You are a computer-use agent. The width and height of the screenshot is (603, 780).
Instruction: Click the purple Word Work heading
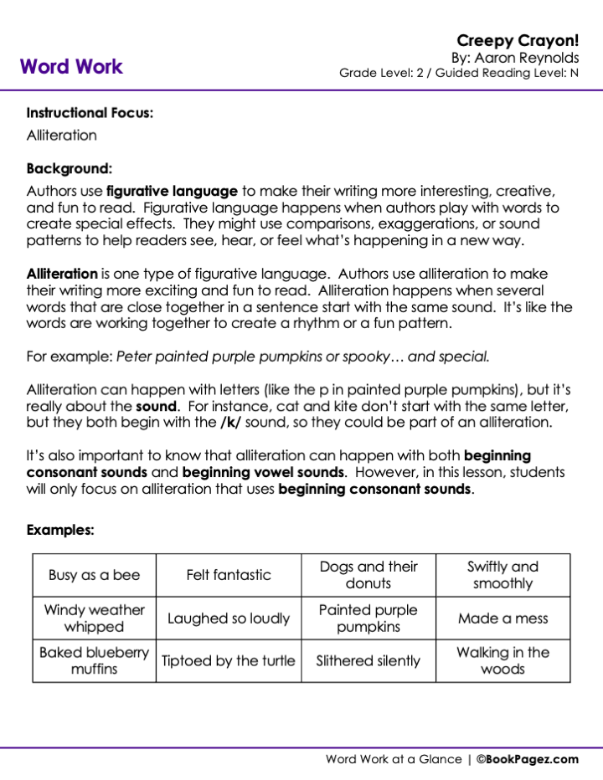click(x=71, y=66)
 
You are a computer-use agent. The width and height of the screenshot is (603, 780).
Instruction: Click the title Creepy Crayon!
click(x=518, y=40)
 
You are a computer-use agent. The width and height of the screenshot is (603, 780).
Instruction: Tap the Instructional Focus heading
click(x=90, y=113)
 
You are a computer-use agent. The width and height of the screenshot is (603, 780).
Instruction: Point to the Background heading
click(x=70, y=168)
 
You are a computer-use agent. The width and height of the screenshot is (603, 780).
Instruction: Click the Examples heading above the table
click(x=60, y=530)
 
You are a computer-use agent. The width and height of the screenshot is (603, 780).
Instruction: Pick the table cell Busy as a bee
click(x=95, y=575)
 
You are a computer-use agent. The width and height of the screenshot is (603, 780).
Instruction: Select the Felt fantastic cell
click(x=229, y=575)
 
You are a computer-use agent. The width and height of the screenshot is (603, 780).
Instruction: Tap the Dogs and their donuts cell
click(x=368, y=575)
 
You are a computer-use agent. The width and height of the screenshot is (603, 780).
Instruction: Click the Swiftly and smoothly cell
click(x=502, y=575)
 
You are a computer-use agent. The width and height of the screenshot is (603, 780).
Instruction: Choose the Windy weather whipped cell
click(x=95, y=618)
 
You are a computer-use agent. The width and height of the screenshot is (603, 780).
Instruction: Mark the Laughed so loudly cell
click(x=229, y=618)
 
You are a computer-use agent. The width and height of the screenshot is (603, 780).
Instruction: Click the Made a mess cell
click(x=502, y=618)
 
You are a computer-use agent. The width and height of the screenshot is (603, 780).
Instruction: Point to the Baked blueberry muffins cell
click(x=95, y=660)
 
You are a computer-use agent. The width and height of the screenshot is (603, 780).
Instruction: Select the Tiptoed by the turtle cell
click(x=229, y=660)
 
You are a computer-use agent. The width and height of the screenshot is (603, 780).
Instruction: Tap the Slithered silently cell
click(x=368, y=660)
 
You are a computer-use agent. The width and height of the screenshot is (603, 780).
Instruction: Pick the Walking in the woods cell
click(x=502, y=660)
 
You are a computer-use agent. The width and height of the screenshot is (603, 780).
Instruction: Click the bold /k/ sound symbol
click(x=231, y=423)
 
